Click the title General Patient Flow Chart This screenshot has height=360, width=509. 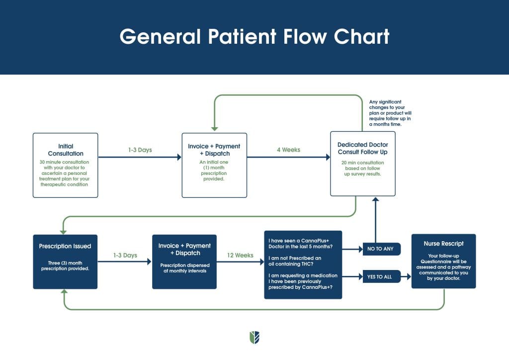click(254, 37)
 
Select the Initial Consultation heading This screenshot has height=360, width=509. click(65, 150)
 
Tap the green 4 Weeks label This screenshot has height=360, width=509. click(288, 150)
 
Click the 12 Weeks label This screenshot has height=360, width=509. click(240, 255)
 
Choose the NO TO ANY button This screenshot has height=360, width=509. click(381, 249)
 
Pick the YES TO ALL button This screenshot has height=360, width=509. click(381, 277)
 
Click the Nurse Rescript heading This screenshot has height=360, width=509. click(443, 244)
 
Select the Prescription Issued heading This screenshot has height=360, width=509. click(65, 246)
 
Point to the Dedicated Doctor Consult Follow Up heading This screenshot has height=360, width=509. click(363, 148)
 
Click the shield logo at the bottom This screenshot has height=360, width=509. click(254, 338)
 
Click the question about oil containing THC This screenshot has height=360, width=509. click(294, 261)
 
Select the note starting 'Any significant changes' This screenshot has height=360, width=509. click(390, 113)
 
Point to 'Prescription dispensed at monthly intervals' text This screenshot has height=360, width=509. click(184, 269)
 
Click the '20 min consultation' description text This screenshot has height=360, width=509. click(363, 168)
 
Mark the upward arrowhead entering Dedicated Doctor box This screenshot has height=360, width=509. click(376, 200)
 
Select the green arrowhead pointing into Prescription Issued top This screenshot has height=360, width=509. click(63, 231)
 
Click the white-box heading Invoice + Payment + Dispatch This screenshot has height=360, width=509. click(214, 150)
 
